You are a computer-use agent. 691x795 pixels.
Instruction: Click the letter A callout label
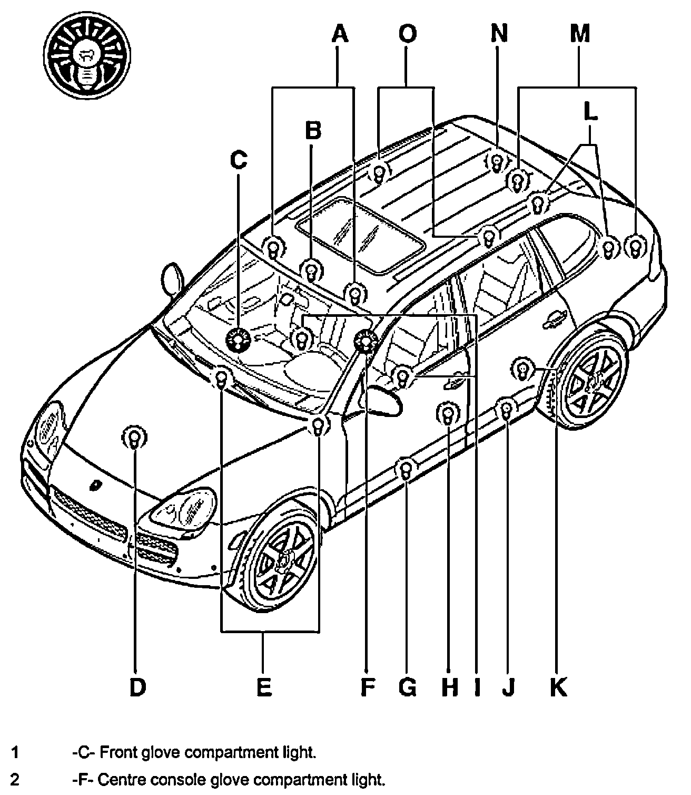pos(340,34)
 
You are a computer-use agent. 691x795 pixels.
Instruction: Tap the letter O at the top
pos(407,34)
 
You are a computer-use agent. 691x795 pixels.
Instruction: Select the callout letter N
pos(499,34)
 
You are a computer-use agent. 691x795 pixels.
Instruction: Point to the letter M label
pos(579,34)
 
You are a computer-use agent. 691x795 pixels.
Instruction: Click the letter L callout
pos(591,113)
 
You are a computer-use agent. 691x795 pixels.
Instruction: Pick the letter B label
pos(313,130)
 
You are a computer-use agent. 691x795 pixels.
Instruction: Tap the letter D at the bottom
pos(137,686)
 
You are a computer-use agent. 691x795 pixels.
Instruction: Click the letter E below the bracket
pos(264,686)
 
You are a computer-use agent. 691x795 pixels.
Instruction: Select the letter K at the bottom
pos(558,686)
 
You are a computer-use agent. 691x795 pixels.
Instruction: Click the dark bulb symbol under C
pos(238,340)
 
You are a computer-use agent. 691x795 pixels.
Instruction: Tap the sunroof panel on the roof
pos(360,235)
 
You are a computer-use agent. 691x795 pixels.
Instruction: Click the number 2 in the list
pos(15,779)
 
